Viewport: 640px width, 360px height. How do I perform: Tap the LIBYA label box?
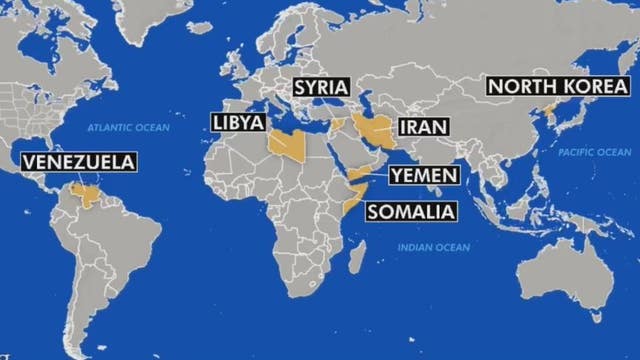[x=238, y=123]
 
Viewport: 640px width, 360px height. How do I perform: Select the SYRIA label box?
[x=320, y=87]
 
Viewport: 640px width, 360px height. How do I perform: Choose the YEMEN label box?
[x=423, y=176]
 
